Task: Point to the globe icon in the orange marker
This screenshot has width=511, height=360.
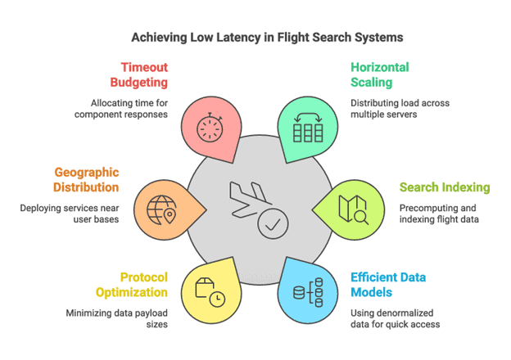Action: click(161, 209)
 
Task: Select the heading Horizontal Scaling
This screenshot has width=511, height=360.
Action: click(379, 74)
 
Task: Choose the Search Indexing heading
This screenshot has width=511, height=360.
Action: click(445, 187)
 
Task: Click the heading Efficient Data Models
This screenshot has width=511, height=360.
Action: click(387, 285)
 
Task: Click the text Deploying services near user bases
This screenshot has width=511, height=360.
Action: click(70, 214)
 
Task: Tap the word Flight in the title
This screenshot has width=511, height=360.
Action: click(296, 38)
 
